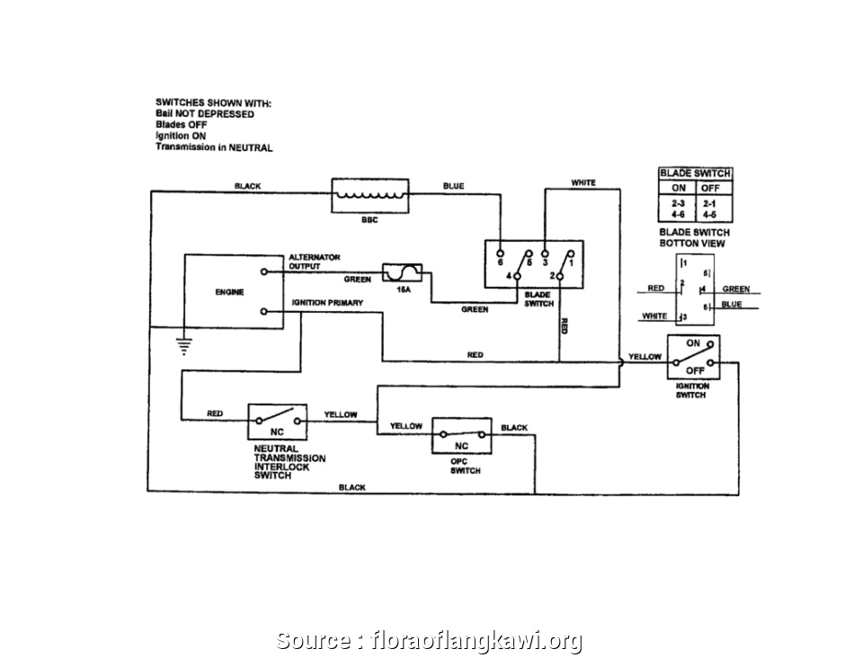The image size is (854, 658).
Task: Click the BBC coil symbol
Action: click(371, 195)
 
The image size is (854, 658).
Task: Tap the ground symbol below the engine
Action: click(182, 342)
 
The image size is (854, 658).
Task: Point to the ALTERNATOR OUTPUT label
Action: click(314, 262)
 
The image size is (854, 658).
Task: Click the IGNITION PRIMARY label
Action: click(327, 303)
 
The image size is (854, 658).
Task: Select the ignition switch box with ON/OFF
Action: click(693, 356)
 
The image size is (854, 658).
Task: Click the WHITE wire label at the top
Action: click(583, 183)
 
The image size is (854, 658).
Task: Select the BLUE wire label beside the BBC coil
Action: click(453, 186)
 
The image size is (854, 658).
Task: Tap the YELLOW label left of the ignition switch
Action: click(645, 357)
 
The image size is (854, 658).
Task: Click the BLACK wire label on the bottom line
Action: click(352, 487)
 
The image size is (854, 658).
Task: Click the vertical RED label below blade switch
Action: click(564, 325)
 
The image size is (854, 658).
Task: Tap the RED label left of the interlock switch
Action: click(215, 413)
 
